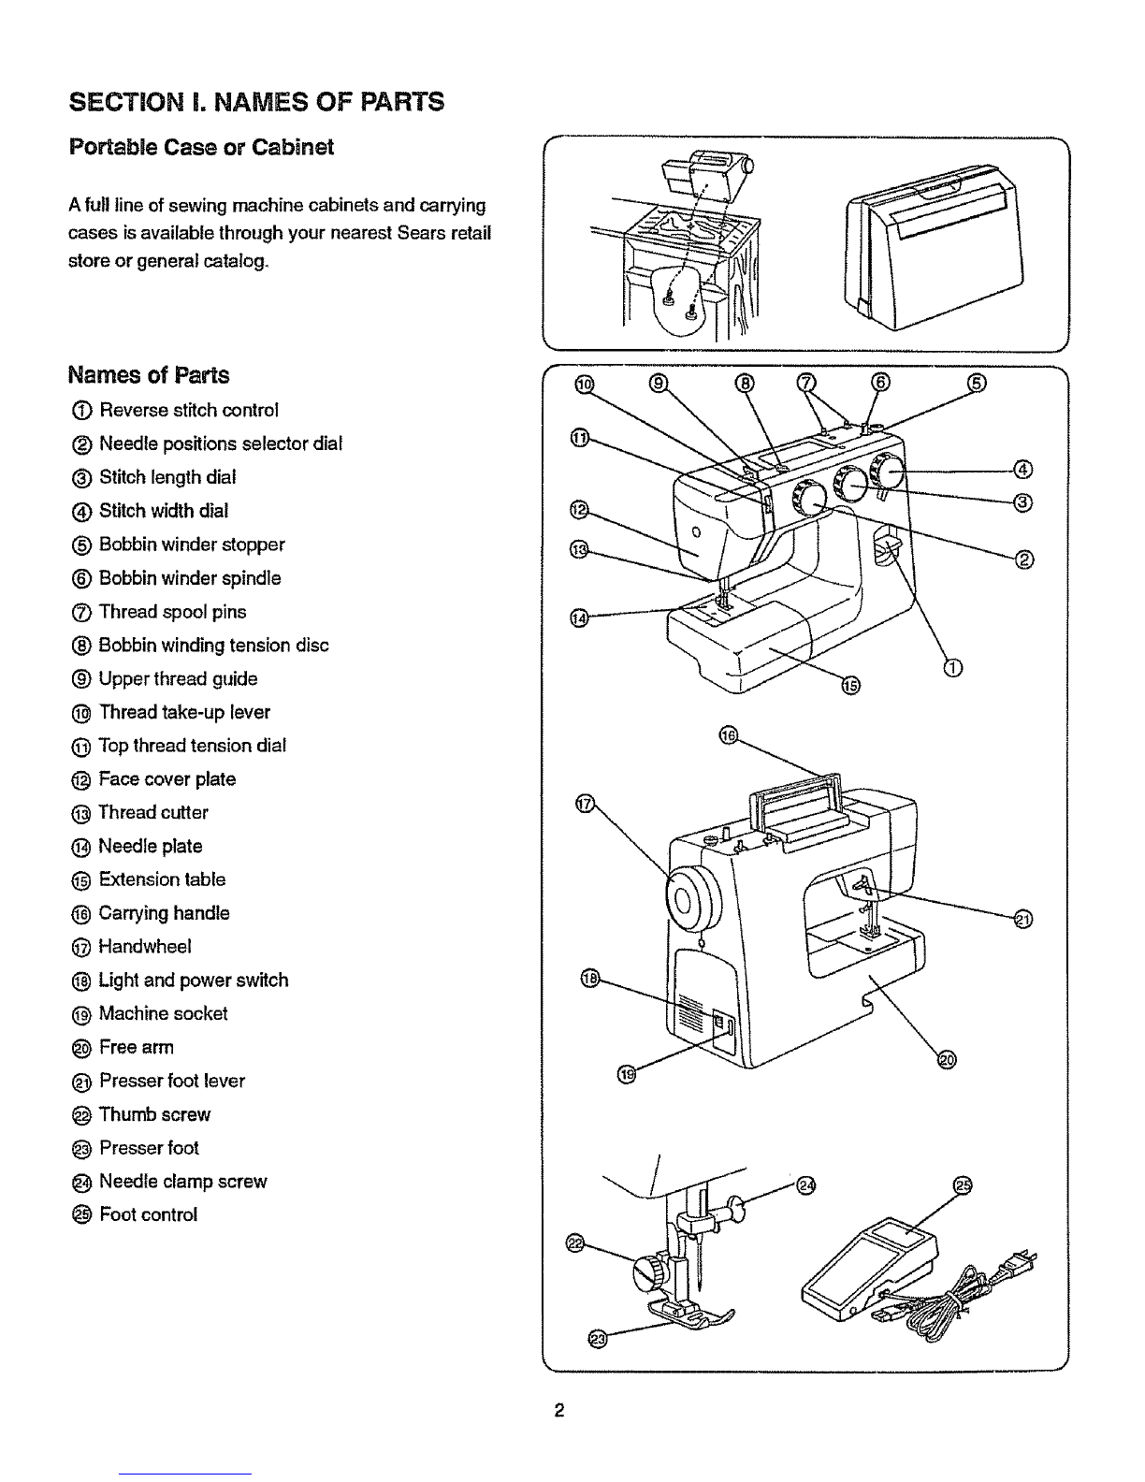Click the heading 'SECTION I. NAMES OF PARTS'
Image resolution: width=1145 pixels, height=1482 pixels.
point(255,101)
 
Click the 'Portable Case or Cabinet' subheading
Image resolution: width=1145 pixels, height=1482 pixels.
point(201,148)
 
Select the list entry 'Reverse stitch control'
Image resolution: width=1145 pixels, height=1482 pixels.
point(188,411)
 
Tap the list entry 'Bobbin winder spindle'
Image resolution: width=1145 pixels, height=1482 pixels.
point(189,578)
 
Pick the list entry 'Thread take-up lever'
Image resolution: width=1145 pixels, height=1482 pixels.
point(184,712)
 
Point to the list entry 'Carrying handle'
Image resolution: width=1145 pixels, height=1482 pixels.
point(164,913)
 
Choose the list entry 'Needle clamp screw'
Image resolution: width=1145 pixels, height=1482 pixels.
point(182,1182)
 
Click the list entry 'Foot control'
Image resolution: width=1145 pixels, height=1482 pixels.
point(148,1215)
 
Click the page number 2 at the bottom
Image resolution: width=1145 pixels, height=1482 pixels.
point(557,1411)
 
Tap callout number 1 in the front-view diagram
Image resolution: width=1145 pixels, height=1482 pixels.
point(953,667)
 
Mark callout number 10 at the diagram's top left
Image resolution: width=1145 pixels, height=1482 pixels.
point(583,383)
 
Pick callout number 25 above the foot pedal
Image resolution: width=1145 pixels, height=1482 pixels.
point(963,1185)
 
